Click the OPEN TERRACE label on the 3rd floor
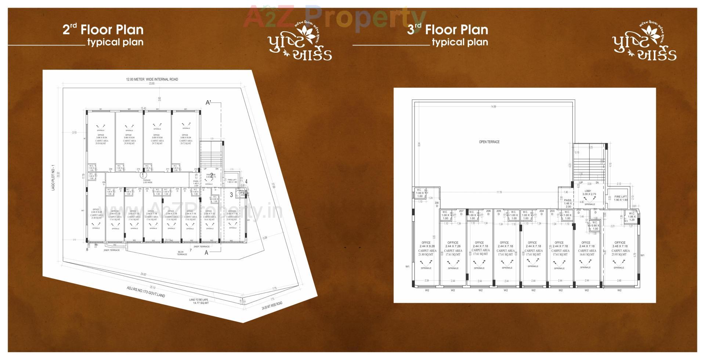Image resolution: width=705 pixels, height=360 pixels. (489, 142)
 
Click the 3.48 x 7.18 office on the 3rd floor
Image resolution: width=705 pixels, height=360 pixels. (620, 244)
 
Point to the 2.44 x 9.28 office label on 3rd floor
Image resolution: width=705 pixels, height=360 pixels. (426, 244)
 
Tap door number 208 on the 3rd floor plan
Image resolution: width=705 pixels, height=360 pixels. (437, 204)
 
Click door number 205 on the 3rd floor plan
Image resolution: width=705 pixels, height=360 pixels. (499, 212)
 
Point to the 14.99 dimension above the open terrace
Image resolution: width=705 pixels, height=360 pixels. (493, 107)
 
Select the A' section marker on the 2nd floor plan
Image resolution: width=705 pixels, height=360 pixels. (208, 103)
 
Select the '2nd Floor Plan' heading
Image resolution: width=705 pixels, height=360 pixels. (103, 30)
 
